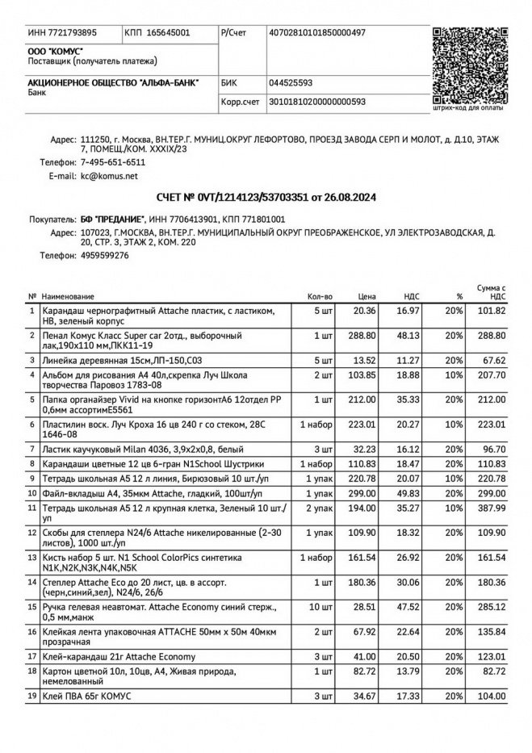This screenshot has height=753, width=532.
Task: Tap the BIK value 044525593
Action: (x=291, y=82)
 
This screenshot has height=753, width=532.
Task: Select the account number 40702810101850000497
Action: (x=316, y=32)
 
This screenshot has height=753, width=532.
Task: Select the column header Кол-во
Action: (x=320, y=296)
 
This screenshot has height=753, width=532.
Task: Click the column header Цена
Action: (x=367, y=296)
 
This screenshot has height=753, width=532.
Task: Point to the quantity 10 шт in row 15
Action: (x=320, y=607)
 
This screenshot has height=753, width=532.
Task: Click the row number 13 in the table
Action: (x=32, y=557)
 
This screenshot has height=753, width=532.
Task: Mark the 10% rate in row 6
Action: (x=453, y=423)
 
